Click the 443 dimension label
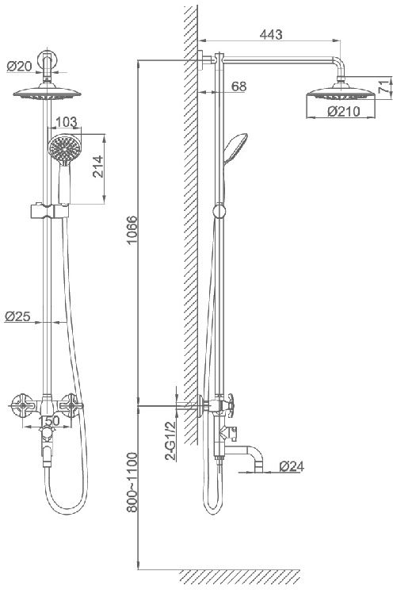point(271,34)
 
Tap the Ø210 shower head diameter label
point(343,111)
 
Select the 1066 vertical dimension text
point(132,230)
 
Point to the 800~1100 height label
point(132,482)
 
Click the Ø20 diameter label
point(19,67)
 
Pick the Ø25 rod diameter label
point(17,316)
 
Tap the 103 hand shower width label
point(67,122)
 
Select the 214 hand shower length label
point(97,167)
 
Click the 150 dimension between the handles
point(49,420)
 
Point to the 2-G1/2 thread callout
point(170,441)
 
